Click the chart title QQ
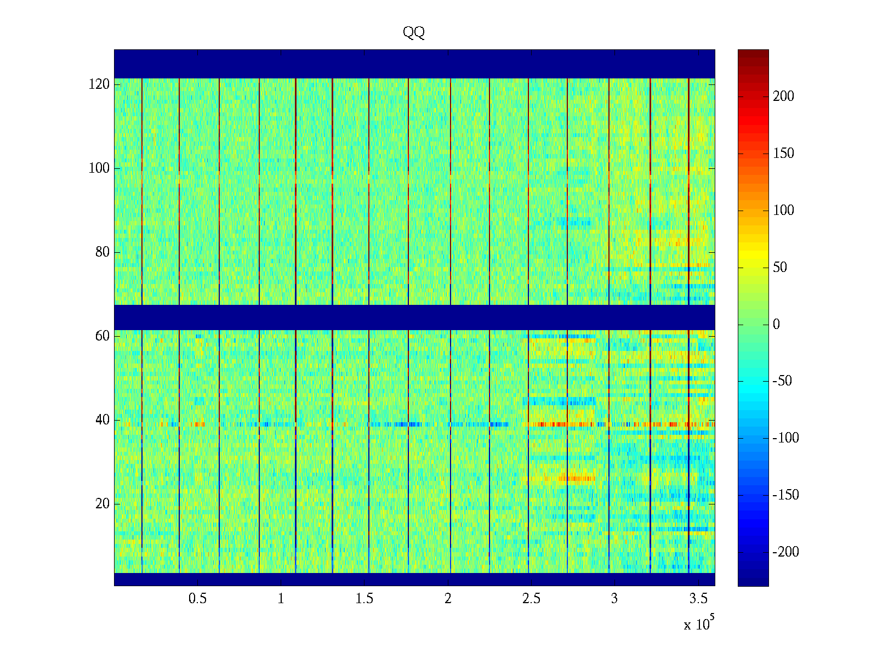(414, 33)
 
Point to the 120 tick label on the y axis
(99, 84)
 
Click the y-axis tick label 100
(99, 168)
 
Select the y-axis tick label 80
(102, 252)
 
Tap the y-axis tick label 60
(102, 336)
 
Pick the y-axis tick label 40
(102, 420)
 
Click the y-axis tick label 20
(102, 504)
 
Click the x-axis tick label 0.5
(197, 599)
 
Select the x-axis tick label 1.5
(365, 599)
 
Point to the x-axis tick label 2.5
(531, 599)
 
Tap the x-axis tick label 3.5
(698, 599)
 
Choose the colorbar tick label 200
(783, 97)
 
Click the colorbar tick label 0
(776, 325)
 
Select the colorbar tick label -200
(785, 552)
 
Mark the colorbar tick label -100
(785, 438)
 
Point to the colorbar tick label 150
(783, 154)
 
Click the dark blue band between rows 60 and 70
(414, 317)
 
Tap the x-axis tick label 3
(614, 599)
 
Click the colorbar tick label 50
(780, 268)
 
